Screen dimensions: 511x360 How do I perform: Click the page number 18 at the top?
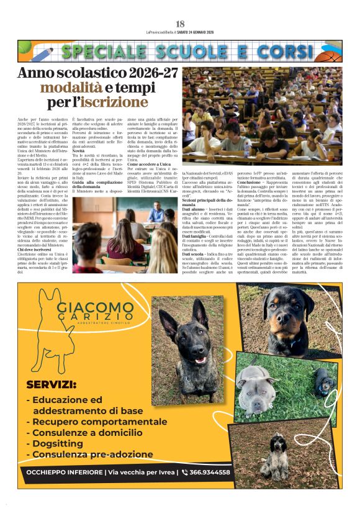(x=180, y=24)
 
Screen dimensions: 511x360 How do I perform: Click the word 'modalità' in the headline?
(x=66, y=88)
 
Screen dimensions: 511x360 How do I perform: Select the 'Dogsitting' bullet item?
(x=58, y=443)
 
